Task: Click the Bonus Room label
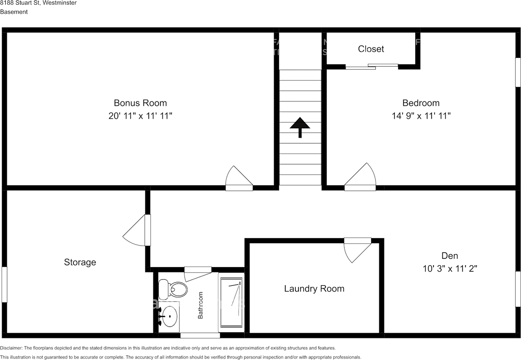click(140, 103)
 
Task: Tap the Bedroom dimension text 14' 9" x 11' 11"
click(421, 116)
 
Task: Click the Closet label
click(371, 49)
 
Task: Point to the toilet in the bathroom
click(173, 290)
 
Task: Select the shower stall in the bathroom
click(232, 302)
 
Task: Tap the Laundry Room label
click(314, 289)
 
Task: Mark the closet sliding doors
click(372, 66)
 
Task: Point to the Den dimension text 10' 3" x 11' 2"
click(450, 269)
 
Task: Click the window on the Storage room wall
click(4, 284)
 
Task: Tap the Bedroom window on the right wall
click(518, 72)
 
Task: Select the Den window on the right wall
click(518, 289)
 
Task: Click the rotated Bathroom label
click(200, 305)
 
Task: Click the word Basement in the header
click(14, 12)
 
